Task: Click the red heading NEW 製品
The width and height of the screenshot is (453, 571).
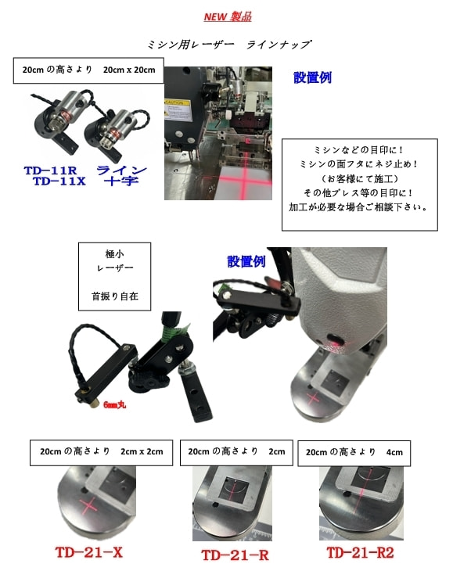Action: [228, 16]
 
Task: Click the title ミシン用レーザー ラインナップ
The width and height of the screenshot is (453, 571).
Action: [229, 45]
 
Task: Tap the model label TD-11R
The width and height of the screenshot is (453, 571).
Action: [50, 171]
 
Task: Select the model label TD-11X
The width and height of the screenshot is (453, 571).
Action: [59, 181]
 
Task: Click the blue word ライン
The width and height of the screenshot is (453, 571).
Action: [121, 170]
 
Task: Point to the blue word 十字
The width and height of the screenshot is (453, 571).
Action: [121, 181]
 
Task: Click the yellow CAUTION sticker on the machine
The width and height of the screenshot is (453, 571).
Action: [178, 110]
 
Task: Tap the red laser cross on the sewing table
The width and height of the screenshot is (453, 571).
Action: [243, 178]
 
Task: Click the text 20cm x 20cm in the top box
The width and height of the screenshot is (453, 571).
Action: [129, 70]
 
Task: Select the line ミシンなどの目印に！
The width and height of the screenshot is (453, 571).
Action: [359, 149]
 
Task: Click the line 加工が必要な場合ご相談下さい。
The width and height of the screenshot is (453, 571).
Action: [358, 207]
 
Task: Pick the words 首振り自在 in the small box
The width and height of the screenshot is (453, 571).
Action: [115, 296]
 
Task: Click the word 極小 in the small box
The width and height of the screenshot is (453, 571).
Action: [114, 253]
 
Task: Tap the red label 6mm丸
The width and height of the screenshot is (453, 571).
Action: [115, 404]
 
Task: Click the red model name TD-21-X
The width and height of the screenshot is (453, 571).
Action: [89, 552]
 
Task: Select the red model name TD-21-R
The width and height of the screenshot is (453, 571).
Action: [235, 555]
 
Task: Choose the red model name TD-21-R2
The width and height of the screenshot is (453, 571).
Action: [360, 552]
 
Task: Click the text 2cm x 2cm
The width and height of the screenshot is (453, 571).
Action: [142, 451]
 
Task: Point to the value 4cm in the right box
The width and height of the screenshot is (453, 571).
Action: [395, 452]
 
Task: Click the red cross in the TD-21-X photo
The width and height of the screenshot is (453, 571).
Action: [88, 506]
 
